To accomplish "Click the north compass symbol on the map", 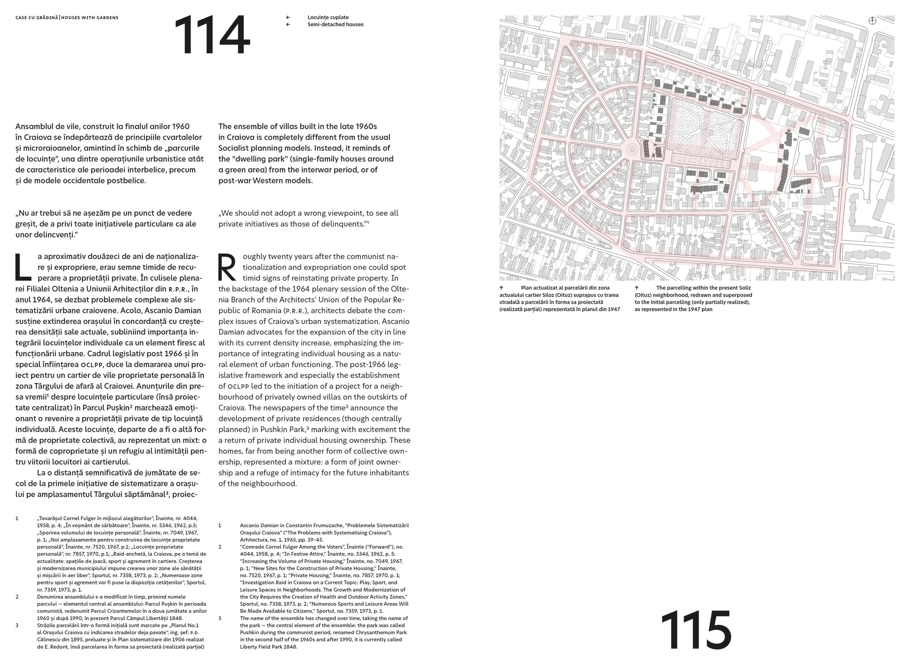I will pyautogui.click(x=872, y=21).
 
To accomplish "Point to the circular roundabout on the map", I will pyautogui.click(x=632, y=150).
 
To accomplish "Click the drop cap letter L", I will pyautogui.click(x=23, y=267).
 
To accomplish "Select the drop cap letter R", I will pyautogui.click(x=227, y=267).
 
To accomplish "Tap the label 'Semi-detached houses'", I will pyautogui.click(x=335, y=25).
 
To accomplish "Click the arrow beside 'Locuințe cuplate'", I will pyautogui.click(x=288, y=17).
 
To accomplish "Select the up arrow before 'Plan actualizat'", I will pyautogui.click(x=501, y=288).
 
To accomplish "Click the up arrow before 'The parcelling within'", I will pyautogui.click(x=637, y=288).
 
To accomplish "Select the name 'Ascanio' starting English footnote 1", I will pyautogui.click(x=250, y=525).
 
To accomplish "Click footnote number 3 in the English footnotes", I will pyautogui.click(x=220, y=618).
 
